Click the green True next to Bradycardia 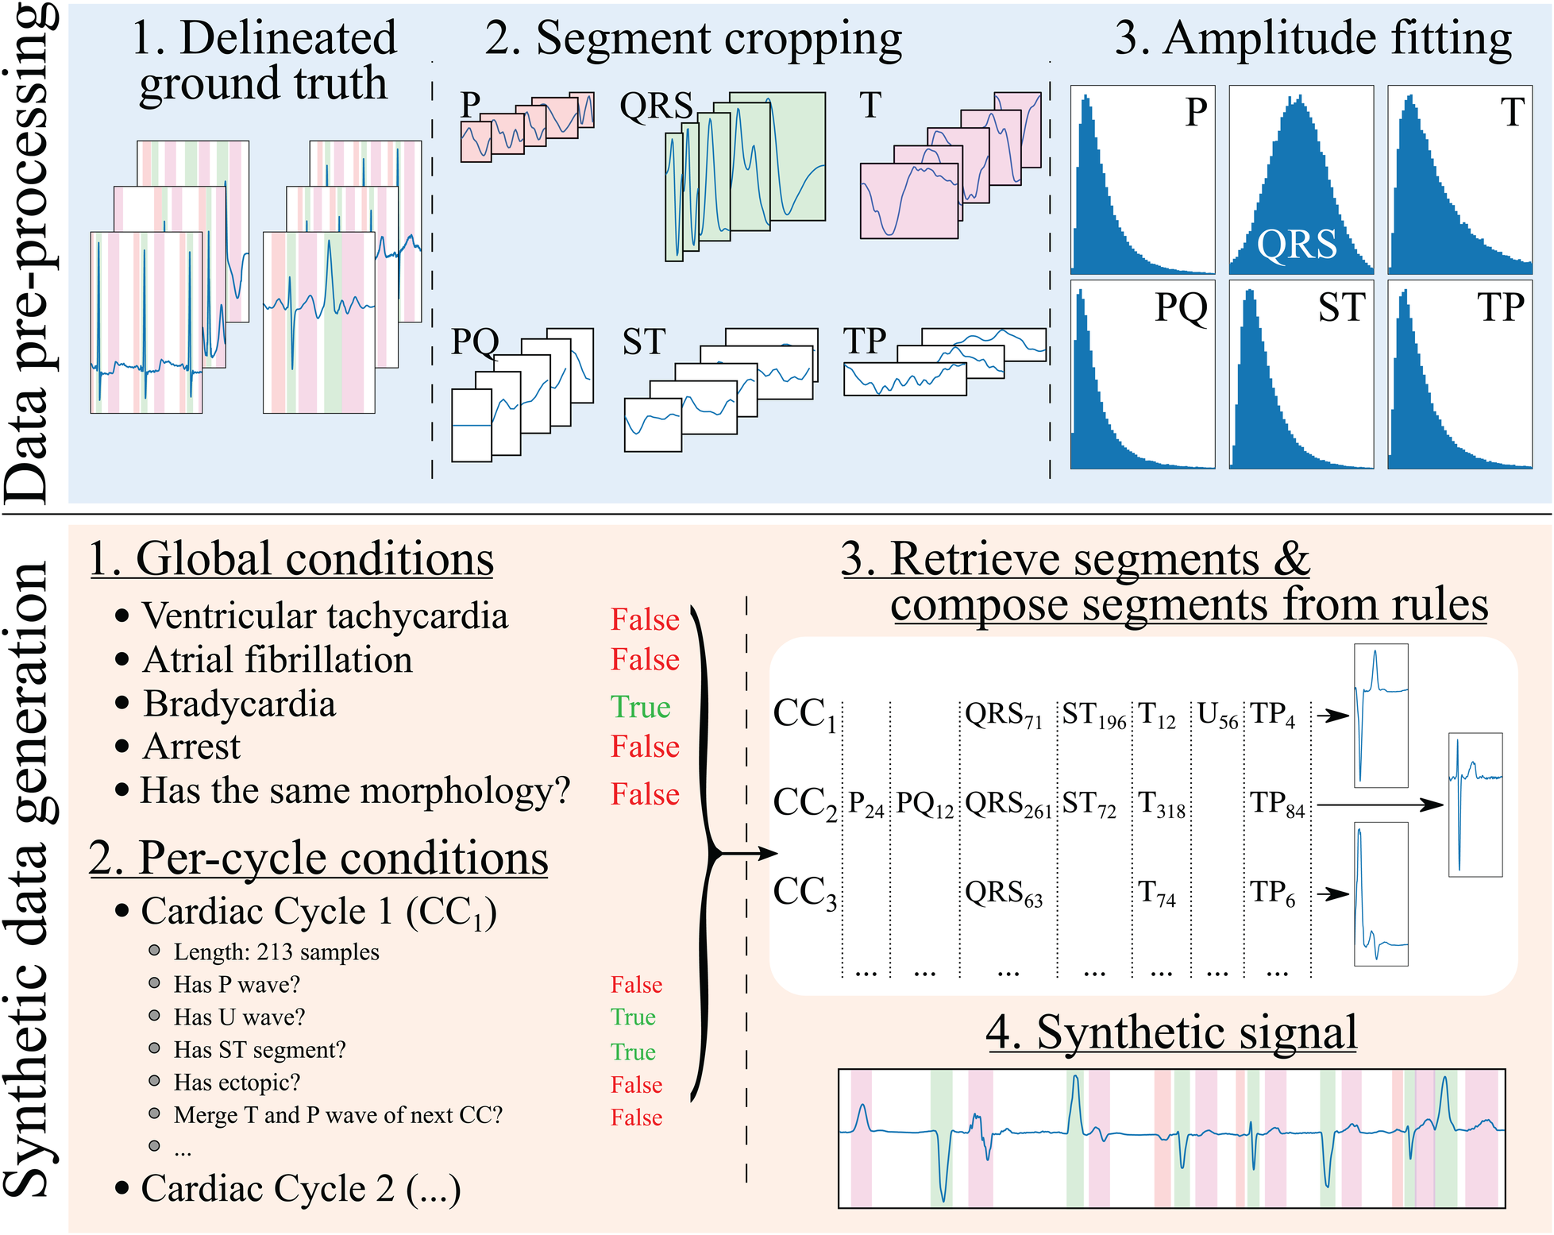(640, 707)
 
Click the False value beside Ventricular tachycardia (645, 619)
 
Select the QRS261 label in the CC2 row (1007, 805)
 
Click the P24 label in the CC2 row (866, 805)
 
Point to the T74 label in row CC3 (1156, 893)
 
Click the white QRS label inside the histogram (1297, 244)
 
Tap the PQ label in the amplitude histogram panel (1181, 307)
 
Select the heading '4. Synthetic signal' (1171, 1032)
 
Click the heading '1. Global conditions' (291, 559)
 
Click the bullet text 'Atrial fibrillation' (277, 660)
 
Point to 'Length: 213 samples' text (276, 951)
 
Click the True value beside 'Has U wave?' (633, 1017)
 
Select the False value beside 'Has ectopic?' (636, 1085)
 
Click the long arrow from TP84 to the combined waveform (1378, 805)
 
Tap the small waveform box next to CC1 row (1381, 716)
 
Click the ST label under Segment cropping (643, 342)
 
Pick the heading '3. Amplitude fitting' (1313, 38)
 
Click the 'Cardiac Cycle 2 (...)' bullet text (300, 1189)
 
